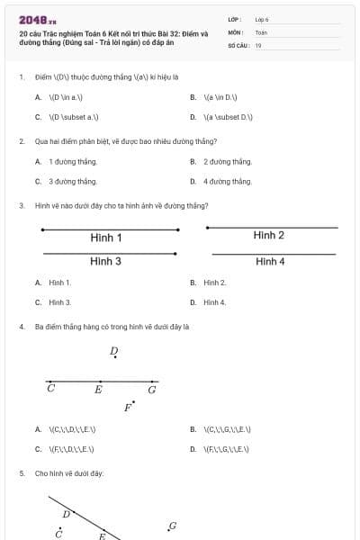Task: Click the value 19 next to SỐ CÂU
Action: pyautogui.click(x=258, y=45)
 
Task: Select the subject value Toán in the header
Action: pyautogui.click(x=261, y=32)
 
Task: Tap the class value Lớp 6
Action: pyautogui.click(x=262, y=19)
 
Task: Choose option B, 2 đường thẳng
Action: pyautogui.click(x=228, y=161)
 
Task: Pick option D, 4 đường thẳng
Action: pyautogui.click(x=228, y=181)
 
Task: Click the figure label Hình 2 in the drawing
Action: pyautogui.click(x=269, y=236)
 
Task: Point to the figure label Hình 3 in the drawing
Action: pyautogui.click(x=106, y=261)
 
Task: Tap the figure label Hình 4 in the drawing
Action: pyautogui.click(x=270, y=262)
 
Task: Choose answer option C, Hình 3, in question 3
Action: pyautogui.click(x=60, y=302)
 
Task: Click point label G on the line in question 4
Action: pyautogui.click(x=152, y=390)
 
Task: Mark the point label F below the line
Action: pyautogui.click(x=127, y=408)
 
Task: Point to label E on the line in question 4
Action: pyautogui.click(x=99, y=390)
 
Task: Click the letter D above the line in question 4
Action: pyautogui.click(x=113, y=351)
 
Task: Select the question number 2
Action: pyautogui.click(x=22, y=141)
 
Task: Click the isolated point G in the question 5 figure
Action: pyautogui.click(x=172, y=526)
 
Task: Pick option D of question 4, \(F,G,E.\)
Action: pyautogui.click(x=227, y=448)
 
